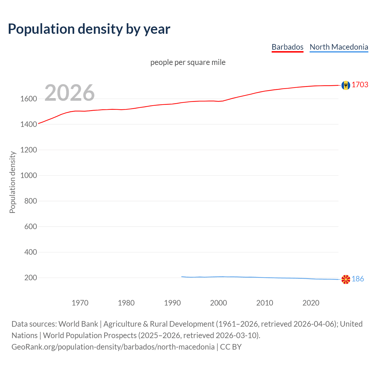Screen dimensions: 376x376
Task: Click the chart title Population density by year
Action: click(x=89, y=29)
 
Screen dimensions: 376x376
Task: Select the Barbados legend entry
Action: click(x=287, y=47)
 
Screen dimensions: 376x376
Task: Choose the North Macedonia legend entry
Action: click(x=339, y=47)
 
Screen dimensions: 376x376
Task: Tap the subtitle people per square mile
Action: click(x=188, y=62)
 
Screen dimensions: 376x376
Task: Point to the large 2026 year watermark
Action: click(x=70, y=93)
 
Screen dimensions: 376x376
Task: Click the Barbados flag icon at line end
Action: click(x=346, y=85)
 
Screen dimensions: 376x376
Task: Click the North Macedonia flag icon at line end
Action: click(x=346, y=279)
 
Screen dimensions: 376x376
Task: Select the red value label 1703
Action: click(x=360, y=85)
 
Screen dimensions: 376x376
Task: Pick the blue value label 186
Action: click(x=358, y=279)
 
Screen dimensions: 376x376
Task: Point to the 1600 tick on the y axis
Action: click(x=28, y=99)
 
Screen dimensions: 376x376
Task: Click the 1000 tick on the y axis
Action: click(x=28, y=175)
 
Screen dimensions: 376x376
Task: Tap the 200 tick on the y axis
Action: click(x=31, y=278)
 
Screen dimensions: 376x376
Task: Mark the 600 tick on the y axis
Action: click(x=31, y=226)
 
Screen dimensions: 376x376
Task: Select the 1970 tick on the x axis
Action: click(x=80, y=303)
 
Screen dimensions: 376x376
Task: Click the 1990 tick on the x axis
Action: click(x=172, y=303)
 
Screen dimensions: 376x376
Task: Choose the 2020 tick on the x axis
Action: click(x=311, y=303)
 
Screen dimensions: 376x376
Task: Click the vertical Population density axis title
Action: click(x=12, y=182)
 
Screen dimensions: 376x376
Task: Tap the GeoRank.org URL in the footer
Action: click(x=113, y=347)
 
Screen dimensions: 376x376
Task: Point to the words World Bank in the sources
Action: click(x=78, y=324)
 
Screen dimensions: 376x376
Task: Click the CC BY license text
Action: click(x=231, y=347)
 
